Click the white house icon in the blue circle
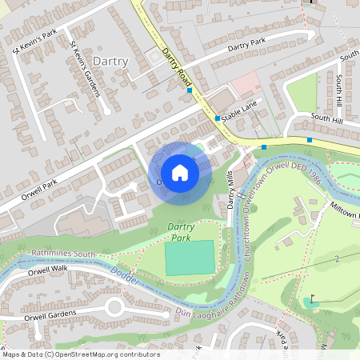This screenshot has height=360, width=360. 180,172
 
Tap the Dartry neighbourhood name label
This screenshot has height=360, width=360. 110,61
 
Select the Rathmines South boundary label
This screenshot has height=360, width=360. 63,254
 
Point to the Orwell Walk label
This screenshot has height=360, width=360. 50,270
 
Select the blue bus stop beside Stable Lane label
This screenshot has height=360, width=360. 217,118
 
